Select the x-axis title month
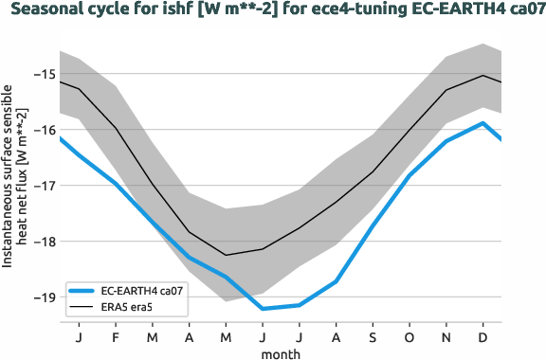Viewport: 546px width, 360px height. click(282, 353)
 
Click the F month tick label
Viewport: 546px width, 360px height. click(115, 336)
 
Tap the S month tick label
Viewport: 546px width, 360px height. click(373, 336)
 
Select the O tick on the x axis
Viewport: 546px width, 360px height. click(409, 336)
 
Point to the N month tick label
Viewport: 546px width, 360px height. click(446, 336)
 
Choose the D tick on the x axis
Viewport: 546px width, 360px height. click(483, 336)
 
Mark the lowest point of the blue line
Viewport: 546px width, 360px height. click(263, 309)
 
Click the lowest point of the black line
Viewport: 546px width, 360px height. click(226, 255)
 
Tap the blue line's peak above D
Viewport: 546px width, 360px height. click(483, 123)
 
